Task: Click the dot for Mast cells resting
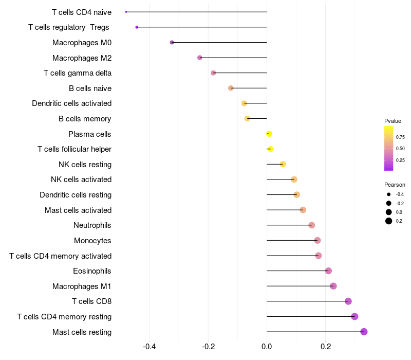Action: click(364, 332)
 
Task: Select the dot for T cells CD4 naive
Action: click(126, 12)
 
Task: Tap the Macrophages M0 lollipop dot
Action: click(172, 42)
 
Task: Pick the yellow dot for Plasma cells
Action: click(269, 134)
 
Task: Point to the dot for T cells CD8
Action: click(348, 301)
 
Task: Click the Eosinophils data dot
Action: click(328, 271)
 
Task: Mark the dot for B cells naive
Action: click(231, 88)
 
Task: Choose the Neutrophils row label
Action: click(92, 225)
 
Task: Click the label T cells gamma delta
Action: click(78, 73)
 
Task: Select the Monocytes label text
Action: click(92, 241)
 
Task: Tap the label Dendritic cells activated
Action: click(71, 103)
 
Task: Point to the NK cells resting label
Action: click(85, 165)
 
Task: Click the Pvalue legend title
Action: click(393, 121)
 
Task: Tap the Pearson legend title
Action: click(395, 185)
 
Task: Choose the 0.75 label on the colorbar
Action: click(400, 137)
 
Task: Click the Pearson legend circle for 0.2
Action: click(389, 221)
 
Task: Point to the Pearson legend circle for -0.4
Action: click(389, 194)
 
